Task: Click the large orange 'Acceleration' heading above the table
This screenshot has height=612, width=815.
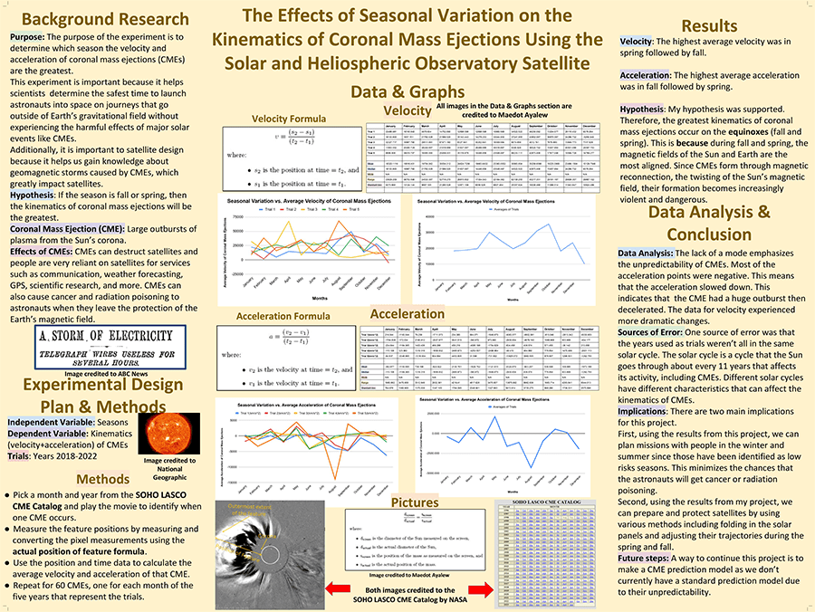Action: click(407, 313)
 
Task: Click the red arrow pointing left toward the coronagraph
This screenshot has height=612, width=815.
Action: click(335, 589)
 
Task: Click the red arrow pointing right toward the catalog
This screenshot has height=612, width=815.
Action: click(479, 589)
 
